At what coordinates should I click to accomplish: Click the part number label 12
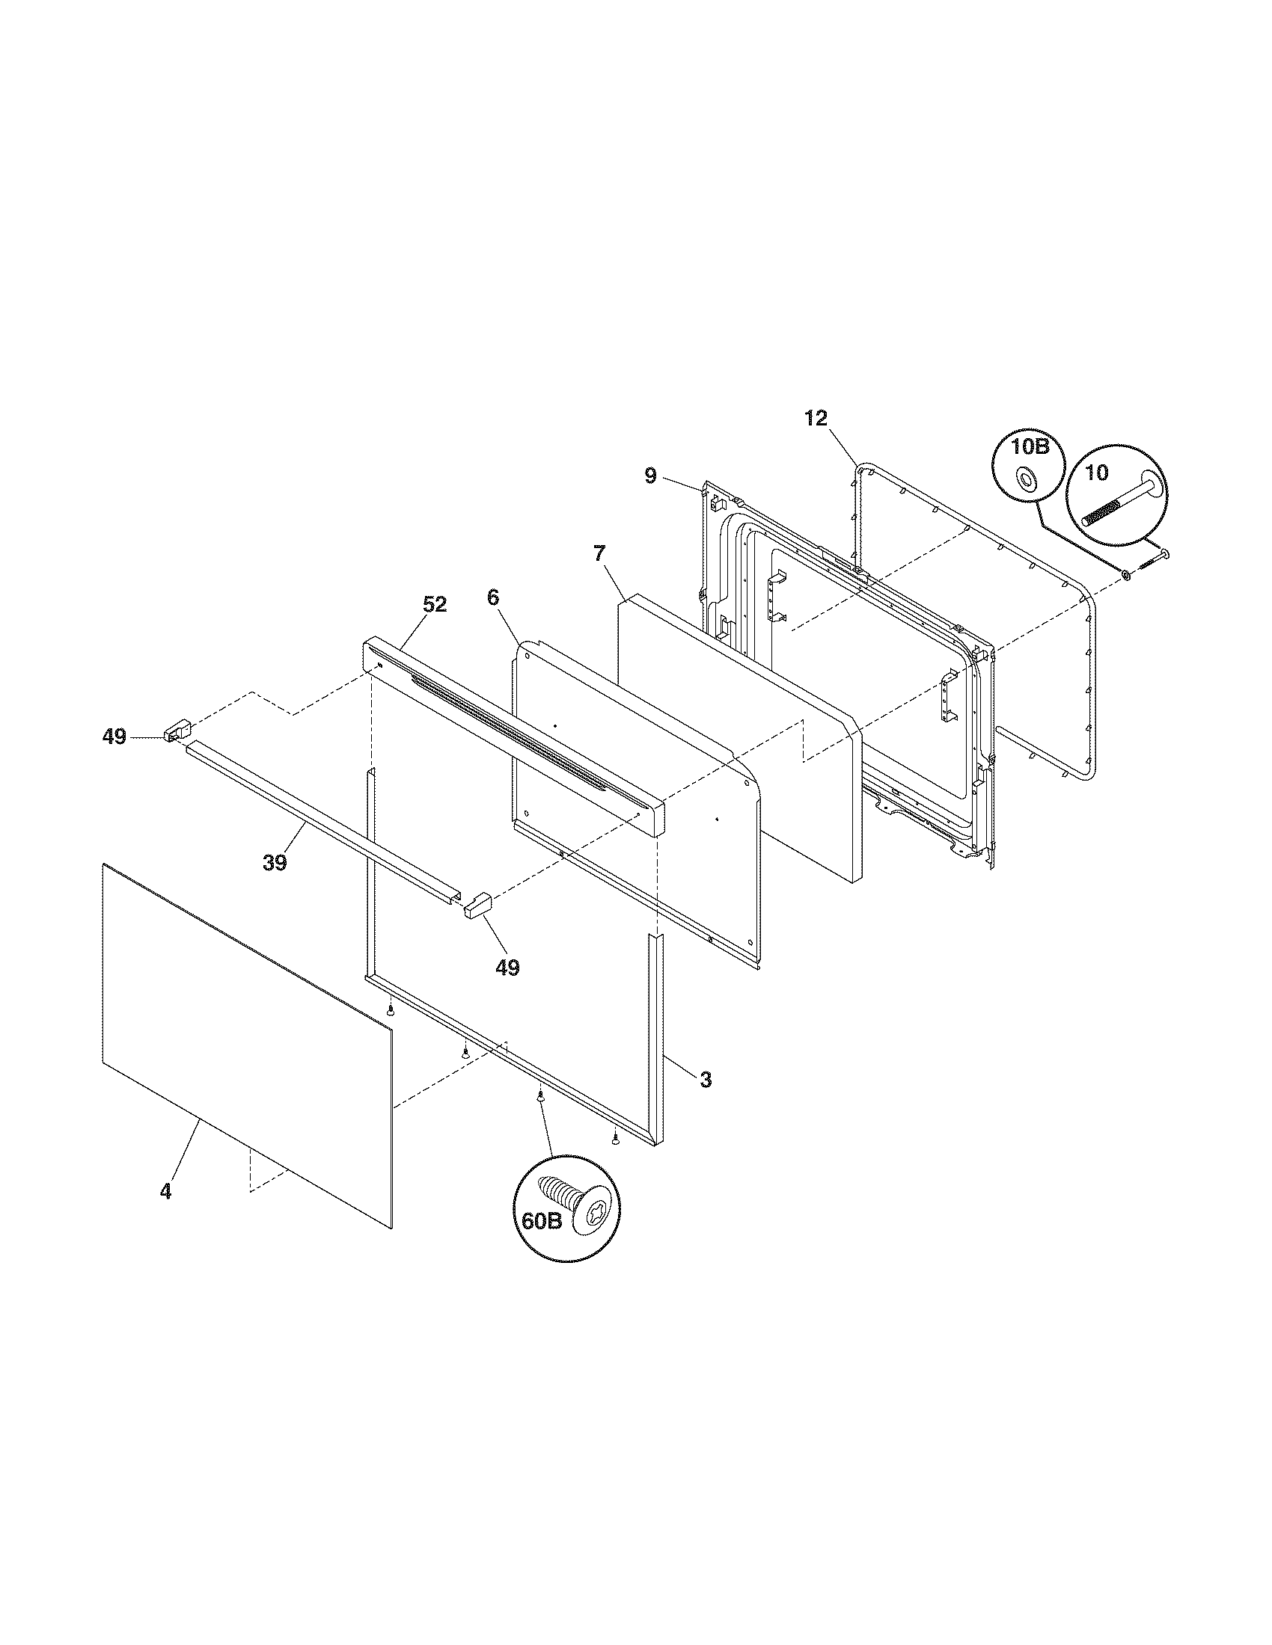coord(816,419)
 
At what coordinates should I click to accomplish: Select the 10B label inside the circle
coord(1030,446)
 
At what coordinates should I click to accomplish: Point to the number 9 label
coord(651,476)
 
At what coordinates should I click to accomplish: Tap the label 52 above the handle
coord(434,605)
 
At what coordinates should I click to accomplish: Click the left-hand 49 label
coord(114,737)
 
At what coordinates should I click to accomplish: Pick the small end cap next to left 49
coord(177,730)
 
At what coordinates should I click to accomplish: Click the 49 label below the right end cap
coord(507,968)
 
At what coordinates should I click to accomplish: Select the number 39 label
coord(275,861)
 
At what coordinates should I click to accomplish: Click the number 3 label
coord(705,1079)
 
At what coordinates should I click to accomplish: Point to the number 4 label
coord(165,1192)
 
